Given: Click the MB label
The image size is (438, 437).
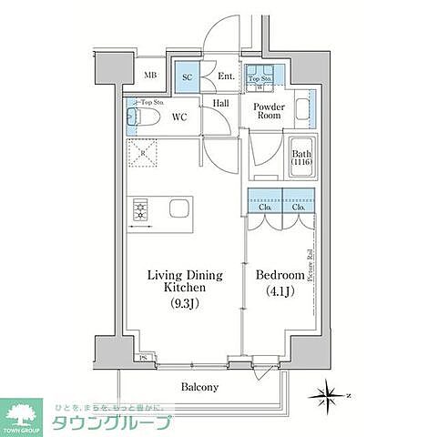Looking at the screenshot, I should [x=150, y=77].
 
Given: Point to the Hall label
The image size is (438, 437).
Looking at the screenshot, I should [x=221, y=104].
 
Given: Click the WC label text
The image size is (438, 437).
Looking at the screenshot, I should [x=179, y=117].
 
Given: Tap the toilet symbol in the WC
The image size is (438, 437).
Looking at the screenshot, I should [x=147, y=118].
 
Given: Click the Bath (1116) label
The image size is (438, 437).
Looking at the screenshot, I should [x=301, y=158].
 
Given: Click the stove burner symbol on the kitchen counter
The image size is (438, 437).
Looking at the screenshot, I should [x=141, y=212].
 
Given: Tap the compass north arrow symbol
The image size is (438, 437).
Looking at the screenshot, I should [x=330, y=395].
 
